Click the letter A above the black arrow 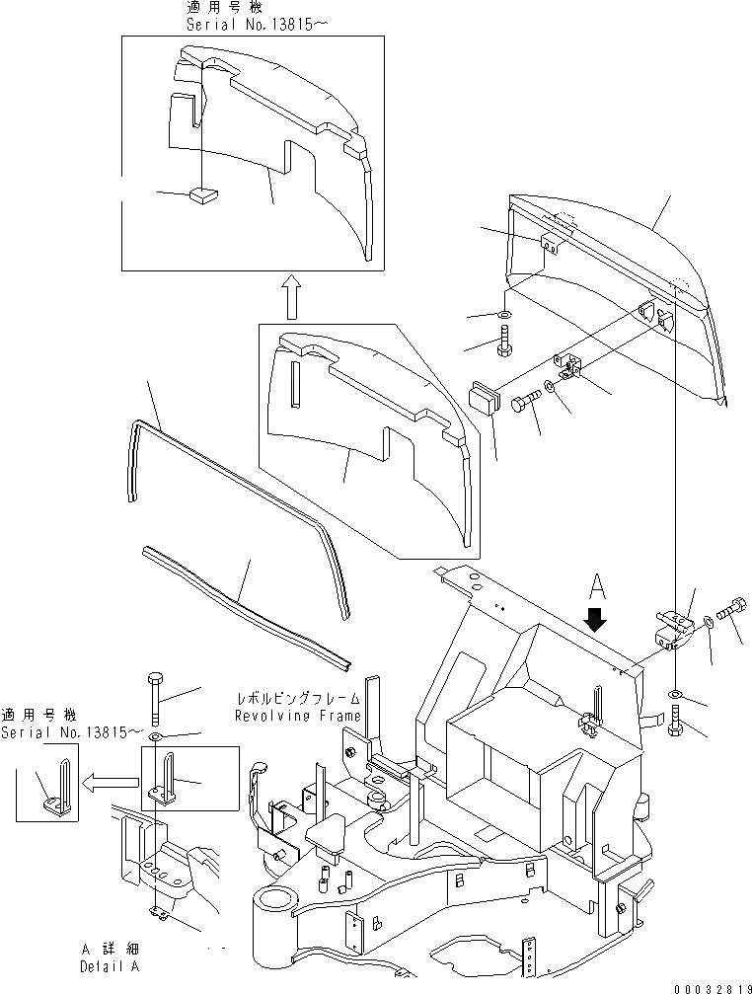click(x=595, y=587)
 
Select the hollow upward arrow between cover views click(x=291, y=297)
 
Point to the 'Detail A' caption click(x=109, y=967)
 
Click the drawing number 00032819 click(x=713, y=985)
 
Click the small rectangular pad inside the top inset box click(x=204, y=195)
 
